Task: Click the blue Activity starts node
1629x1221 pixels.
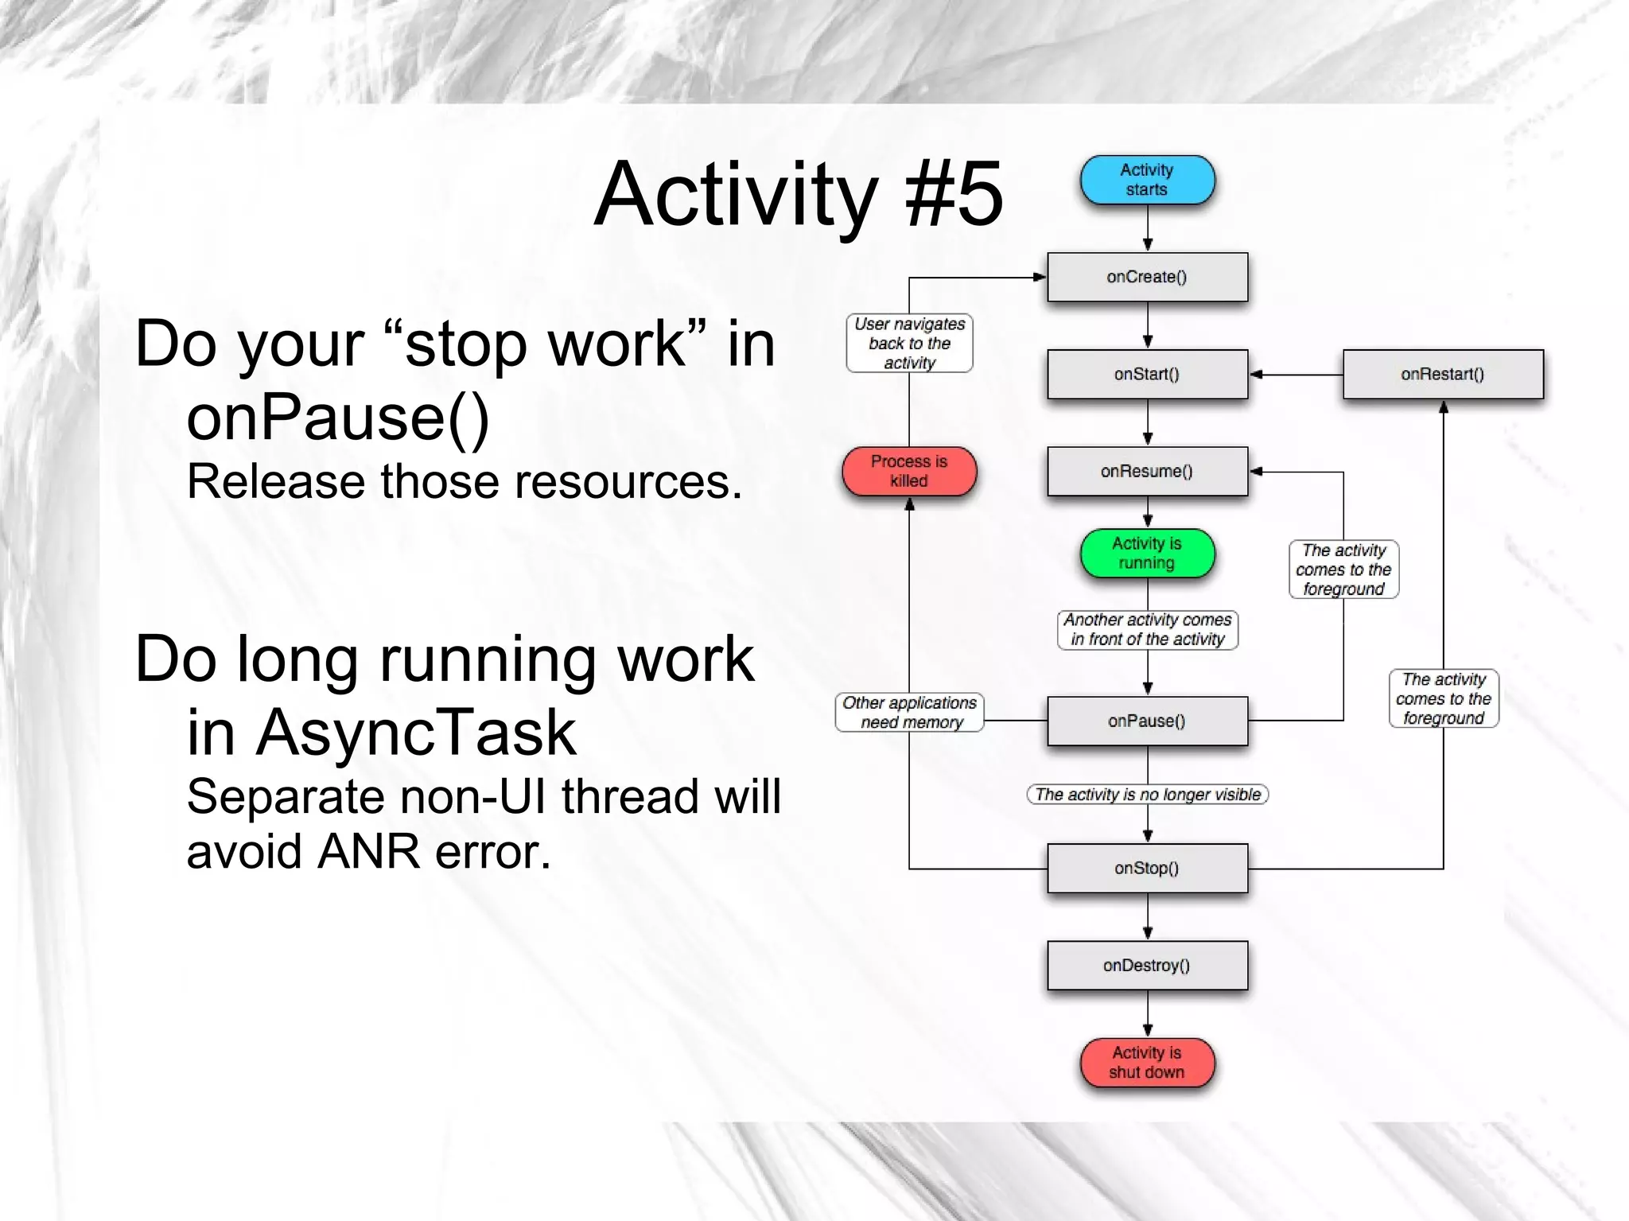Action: tap(1147, 180)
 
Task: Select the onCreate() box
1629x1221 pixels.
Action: tap(1147, 277)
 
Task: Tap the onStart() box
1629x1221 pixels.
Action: tap(1147, 374)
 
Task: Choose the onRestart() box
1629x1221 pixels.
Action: tap(1443, 374)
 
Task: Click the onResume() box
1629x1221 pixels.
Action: tap(1147, 471)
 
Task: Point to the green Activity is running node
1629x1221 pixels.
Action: tap(1147, 553)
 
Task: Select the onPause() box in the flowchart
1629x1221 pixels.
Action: tap(1147, 721)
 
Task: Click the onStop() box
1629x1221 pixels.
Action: tap(1147, 868)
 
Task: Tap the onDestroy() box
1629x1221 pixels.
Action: tap(1147, 965)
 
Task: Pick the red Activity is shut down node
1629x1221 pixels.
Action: tap(1147, 1062)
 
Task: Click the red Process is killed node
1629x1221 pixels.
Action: tap(909, 471)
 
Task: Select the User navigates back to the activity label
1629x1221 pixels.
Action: tap(909, 343)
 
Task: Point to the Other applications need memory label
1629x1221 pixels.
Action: tap(909, 712)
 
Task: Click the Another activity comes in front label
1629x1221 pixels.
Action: tap(1147, 629)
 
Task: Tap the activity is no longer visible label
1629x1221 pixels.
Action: tap(1147, 794)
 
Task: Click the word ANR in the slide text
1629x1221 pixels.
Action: tap(367, 852)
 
